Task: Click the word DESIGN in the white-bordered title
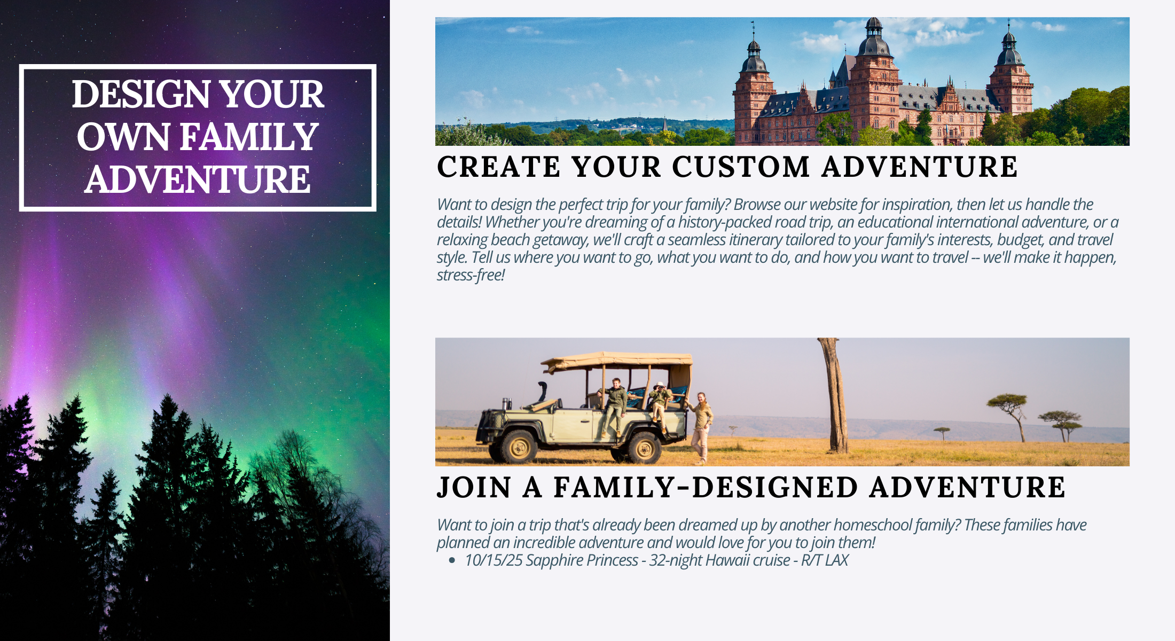click(x=142, y=94)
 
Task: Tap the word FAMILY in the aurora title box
click(x=250, y=137)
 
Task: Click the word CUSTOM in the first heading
click(x=741, y=167)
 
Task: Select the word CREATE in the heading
click(x=499, y=167)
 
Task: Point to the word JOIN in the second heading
click(x=474, y=487)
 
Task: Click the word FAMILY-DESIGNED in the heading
click(x=706, y=487)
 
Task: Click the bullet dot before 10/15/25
click(x=452, y=560)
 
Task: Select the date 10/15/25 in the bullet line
click(x=493, y=560)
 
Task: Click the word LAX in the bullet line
click(x=836, y=560)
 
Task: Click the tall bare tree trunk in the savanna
click(x=835, y=395)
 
